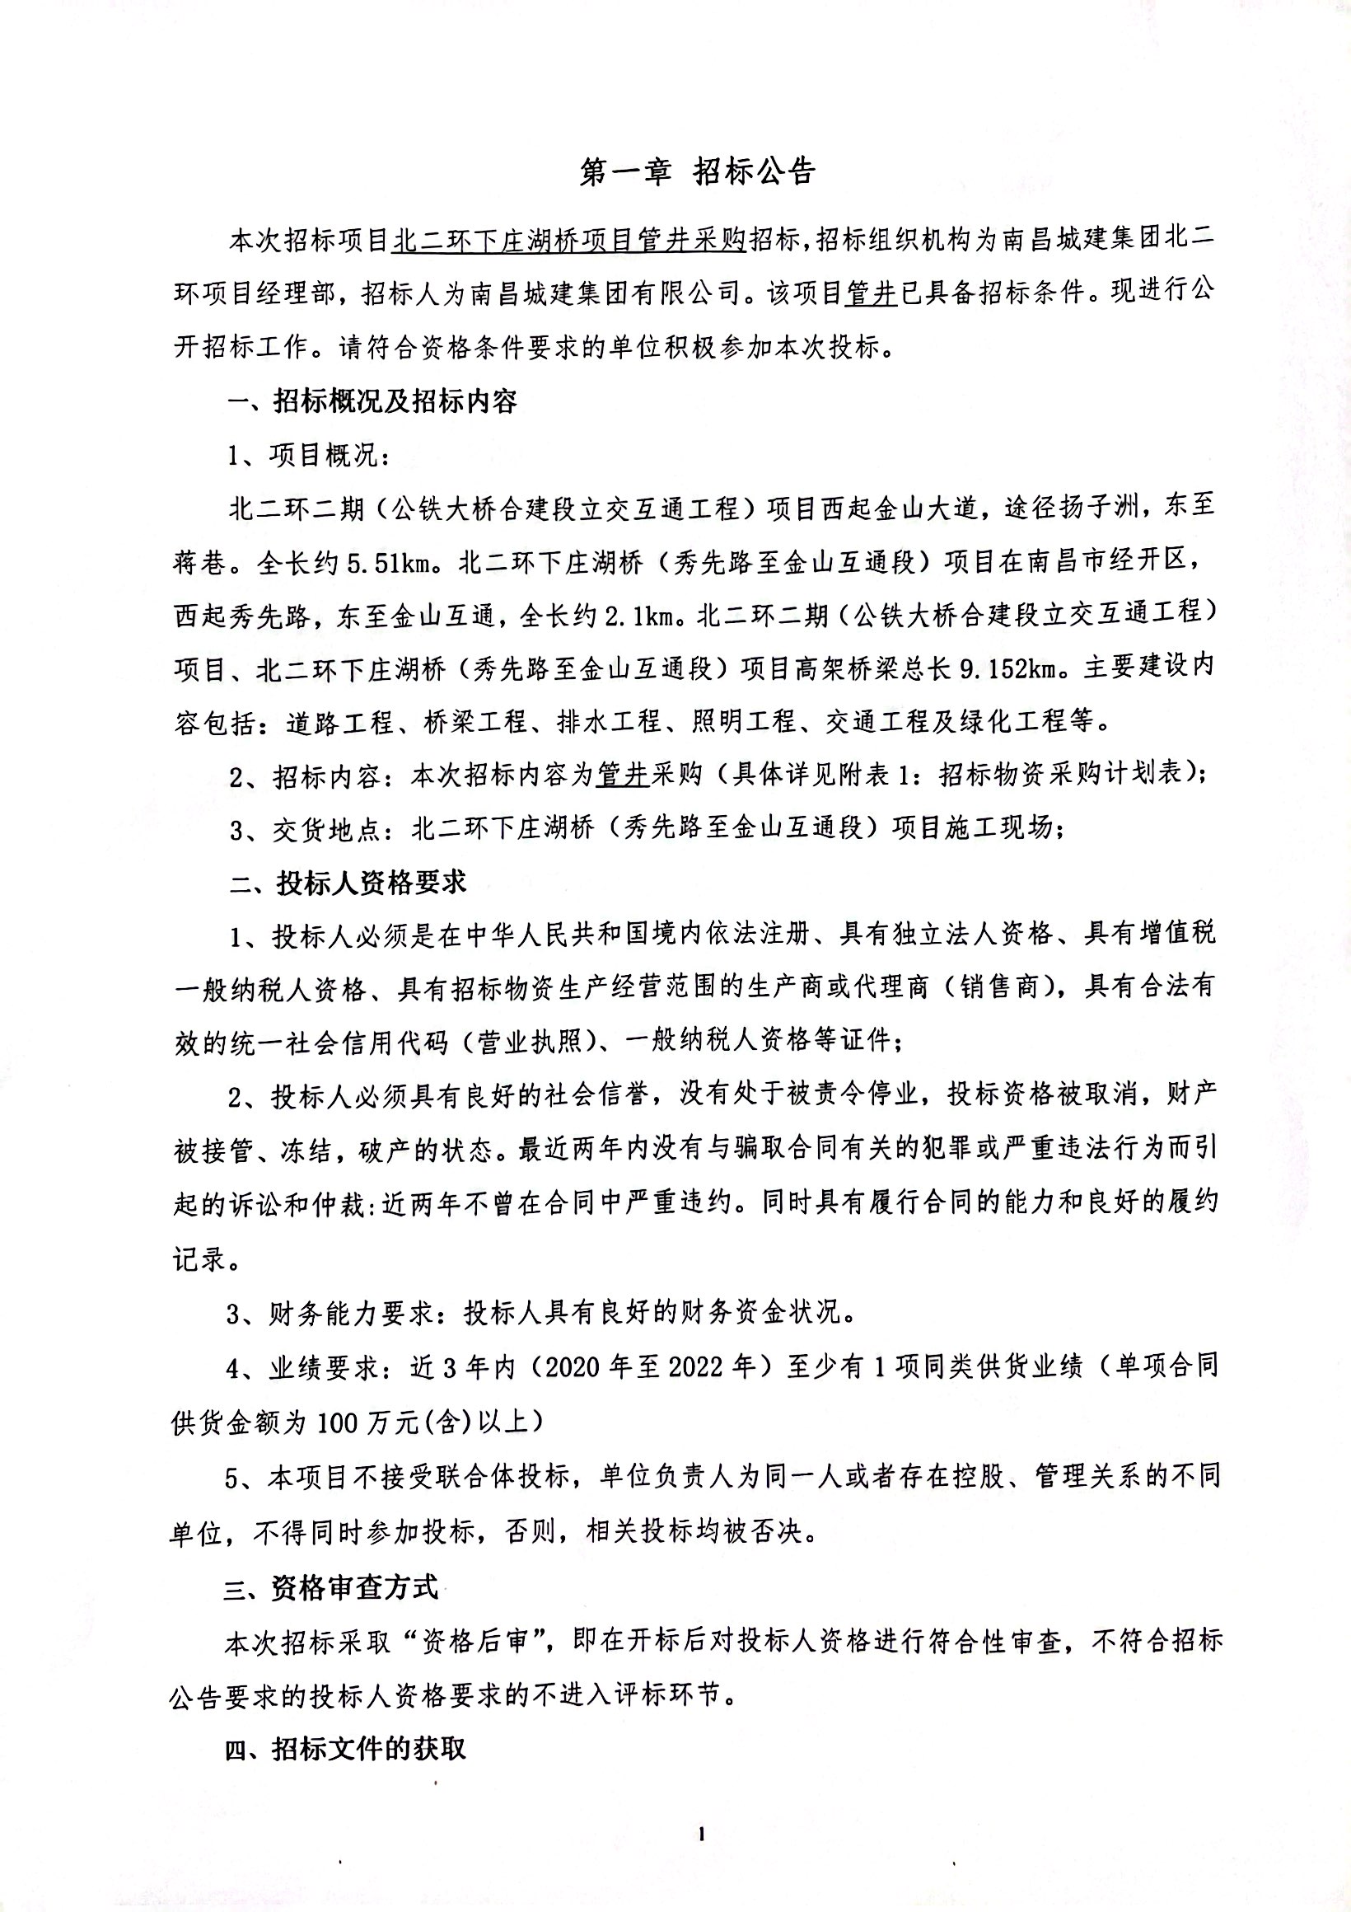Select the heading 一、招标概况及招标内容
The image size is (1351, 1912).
click(x=373, y=401)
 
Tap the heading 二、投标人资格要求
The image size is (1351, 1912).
click(x=347, y=883)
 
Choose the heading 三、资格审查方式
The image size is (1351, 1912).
click(x=331, y=1587)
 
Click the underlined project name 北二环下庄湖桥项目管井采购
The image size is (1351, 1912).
click(x=571, y=240)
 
